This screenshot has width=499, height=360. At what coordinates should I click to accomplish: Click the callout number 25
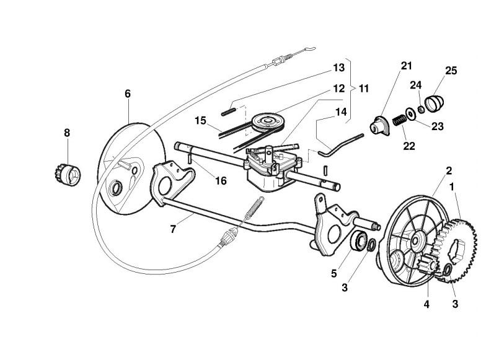[x=451, y=71]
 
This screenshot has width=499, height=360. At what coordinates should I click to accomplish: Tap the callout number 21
[x=406, y=66]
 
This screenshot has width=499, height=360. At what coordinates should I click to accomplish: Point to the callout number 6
[x=128, y=94]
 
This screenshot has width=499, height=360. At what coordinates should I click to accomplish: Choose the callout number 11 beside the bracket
[x=363, y=88]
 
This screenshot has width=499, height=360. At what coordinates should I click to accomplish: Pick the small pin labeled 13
[x=228, y=112]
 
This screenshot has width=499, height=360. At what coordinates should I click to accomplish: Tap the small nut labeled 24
[x=421, y=110]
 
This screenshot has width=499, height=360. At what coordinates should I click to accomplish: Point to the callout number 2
[x=449, y=170]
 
